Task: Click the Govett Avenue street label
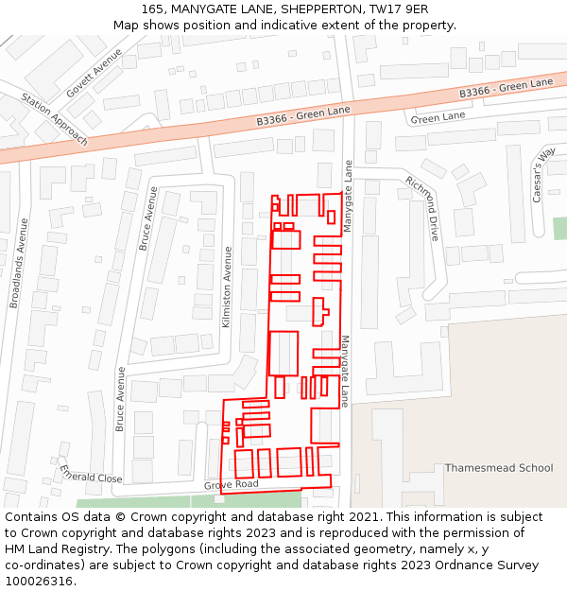[x=94, y=74]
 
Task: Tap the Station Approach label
[x=54, y=119]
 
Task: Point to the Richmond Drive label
[x=422, y=208]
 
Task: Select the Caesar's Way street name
[x=543, y=175]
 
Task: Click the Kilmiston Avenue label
[x=227, y=287]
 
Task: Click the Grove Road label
[x=232, y=484]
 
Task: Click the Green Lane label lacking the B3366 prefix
[x=438, y=117]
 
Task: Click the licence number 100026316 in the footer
[x=39, y=582]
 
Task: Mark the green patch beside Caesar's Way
[x=559, y=228]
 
